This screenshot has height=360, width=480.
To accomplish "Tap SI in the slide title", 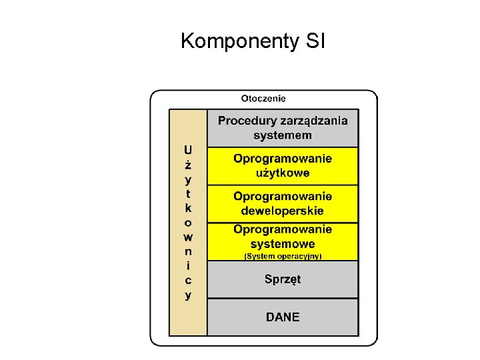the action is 313,42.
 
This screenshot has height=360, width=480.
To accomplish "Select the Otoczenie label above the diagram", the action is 263,98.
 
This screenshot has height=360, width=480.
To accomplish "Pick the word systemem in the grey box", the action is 282,135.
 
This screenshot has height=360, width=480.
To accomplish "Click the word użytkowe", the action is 283,173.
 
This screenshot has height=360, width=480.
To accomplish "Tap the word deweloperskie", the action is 283,211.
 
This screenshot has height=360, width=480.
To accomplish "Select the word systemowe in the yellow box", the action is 283,243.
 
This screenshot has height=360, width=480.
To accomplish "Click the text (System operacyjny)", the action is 283,256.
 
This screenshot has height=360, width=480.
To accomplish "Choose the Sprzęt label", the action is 283,279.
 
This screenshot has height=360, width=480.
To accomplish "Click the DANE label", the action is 283,317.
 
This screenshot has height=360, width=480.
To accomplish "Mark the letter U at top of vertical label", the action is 188,150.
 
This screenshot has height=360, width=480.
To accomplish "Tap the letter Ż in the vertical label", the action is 188,164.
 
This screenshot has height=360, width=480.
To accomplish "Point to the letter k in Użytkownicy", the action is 188,208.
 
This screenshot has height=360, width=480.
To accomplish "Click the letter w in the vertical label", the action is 188,237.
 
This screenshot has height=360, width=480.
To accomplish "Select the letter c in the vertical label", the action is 188,280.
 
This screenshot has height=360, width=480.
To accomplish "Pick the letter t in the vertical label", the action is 188,194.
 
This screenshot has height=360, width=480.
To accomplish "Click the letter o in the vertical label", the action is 188,223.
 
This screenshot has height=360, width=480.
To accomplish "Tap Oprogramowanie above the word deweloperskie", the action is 283,197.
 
